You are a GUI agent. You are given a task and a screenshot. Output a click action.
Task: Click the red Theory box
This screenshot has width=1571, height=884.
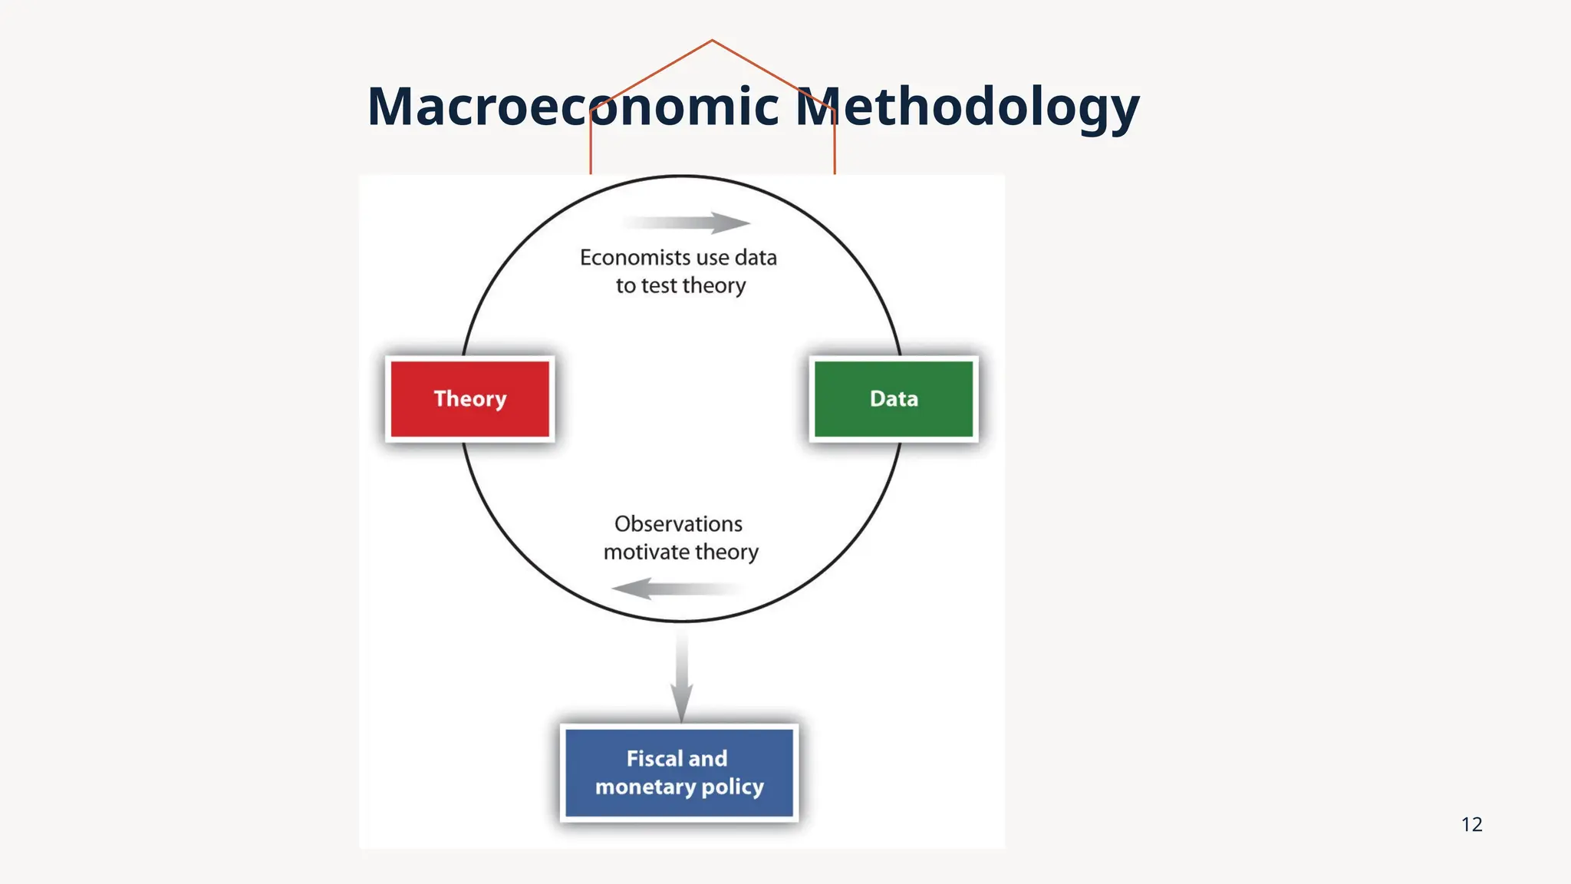tap(469, 399)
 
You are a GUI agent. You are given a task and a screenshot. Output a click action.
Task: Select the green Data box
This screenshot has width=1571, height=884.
tap(894, 399)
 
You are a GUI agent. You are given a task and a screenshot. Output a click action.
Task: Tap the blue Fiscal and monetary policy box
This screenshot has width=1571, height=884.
tap(679, 773)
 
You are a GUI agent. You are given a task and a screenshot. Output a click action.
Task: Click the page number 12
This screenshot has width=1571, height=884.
tap(1471, 824)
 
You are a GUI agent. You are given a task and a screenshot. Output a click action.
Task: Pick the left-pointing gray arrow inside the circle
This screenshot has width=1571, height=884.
tap(675, 589)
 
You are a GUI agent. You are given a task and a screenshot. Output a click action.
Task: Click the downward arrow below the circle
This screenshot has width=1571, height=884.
tap(681, 675)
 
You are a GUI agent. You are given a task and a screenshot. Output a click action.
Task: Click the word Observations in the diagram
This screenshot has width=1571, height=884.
tap(678, 524)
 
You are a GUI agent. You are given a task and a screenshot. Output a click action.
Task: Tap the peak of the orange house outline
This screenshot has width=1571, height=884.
tap(712, 40)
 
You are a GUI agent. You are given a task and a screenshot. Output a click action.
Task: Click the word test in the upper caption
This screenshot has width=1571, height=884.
tap(659, 286)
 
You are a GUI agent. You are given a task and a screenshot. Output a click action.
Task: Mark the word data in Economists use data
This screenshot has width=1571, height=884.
tap(756, 258)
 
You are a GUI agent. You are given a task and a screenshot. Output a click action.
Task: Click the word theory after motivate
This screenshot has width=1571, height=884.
tap(726, 552)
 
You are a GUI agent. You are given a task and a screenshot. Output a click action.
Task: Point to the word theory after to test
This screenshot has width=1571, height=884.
tap(713, 286)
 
